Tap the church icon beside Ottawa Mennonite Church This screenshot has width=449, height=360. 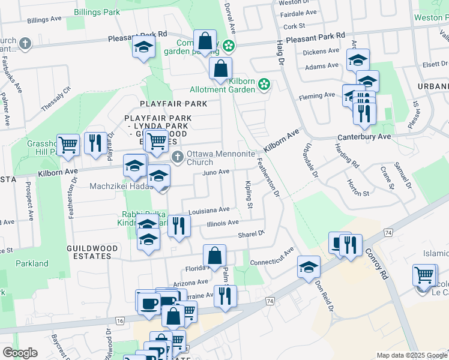(177, 157)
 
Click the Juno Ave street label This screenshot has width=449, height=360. (217, 172)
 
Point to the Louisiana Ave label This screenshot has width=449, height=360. (209, 211)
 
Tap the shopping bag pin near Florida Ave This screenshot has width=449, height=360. (214, 256)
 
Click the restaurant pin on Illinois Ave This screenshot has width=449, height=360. (178, 226)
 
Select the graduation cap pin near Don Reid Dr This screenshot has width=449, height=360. (309, 268)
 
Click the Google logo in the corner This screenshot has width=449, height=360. (20, 353)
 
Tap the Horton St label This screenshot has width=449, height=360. (358, 193)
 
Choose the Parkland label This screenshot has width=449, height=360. (32, 263)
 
